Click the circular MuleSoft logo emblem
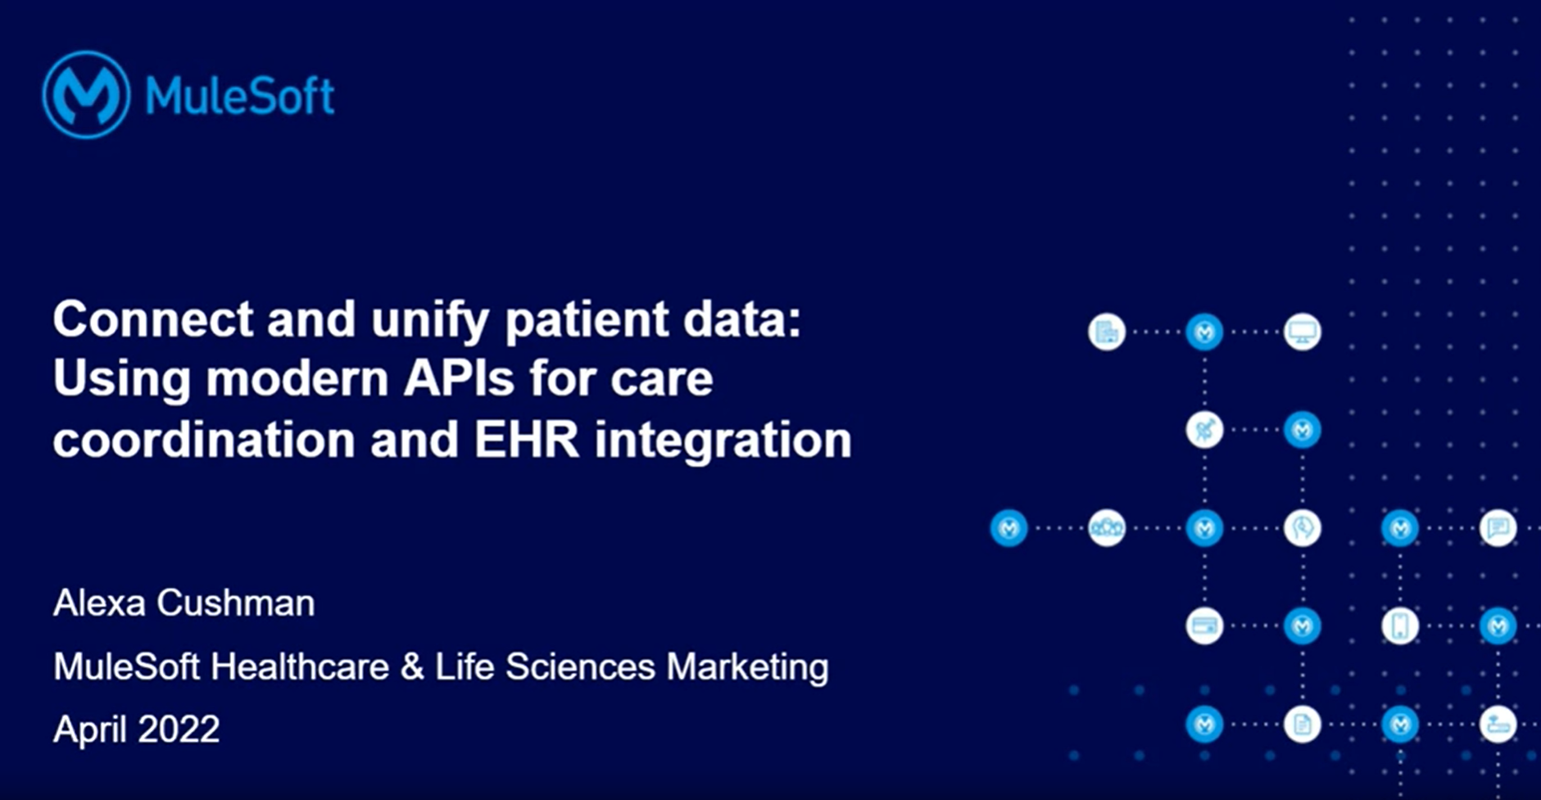coord(86,94)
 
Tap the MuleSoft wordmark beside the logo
coord(240,96)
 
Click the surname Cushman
coord(236,603)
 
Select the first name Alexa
coord(99,603)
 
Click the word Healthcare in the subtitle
coord(300,667)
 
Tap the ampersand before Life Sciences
coord(412,667)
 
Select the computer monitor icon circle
coord(1302,332)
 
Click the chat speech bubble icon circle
coord(1498,527)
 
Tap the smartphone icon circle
coord(1400,626)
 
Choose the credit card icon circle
coord(1204,626)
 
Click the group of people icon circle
coord(1107,528)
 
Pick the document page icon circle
coord(1302,725)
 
